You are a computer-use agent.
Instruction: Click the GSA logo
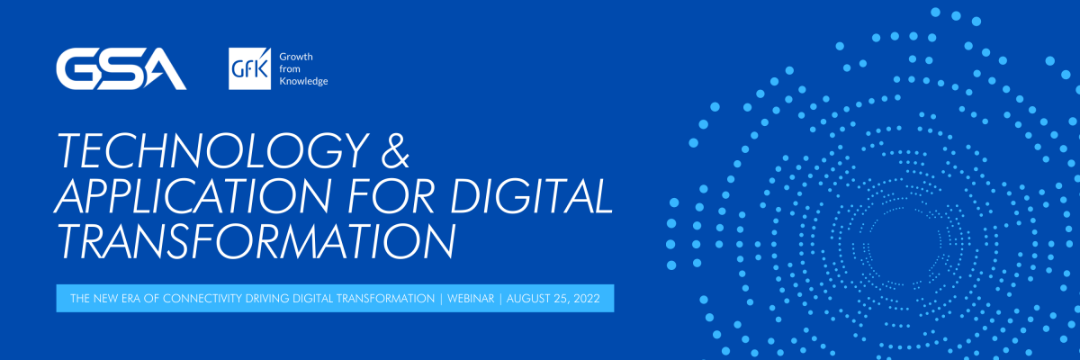pos(121,68)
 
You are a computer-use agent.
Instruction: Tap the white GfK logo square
pos(250,68)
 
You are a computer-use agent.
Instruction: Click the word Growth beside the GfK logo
pos(296,57)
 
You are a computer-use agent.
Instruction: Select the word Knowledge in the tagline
pos(304,81)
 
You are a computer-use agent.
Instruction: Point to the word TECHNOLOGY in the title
pos(212,150)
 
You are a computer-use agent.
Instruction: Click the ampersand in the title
pos(395,150)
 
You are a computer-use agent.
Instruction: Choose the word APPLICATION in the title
pos(193,195)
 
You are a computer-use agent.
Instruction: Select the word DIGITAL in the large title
pos(531,195)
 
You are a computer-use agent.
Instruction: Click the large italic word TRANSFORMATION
pos(256,240)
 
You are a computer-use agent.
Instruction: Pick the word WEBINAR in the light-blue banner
pos(471,298)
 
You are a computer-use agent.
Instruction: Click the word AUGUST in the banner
pos(528,298)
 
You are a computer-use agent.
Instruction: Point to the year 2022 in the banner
pos(587,298)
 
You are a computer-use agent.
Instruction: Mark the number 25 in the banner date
pos(561,299)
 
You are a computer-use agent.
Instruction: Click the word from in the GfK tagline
pos(289,69)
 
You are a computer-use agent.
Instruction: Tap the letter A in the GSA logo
pos(164,69)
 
